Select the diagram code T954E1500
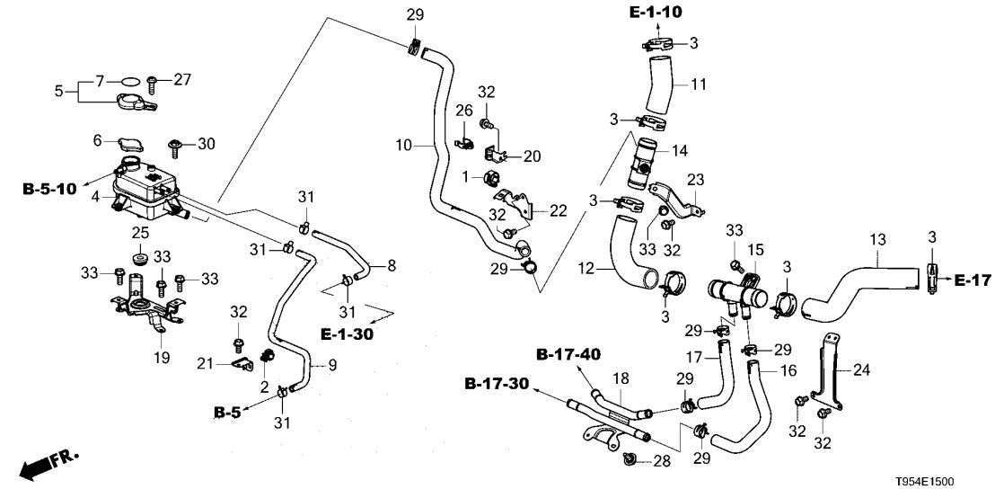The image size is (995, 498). click(949, 484)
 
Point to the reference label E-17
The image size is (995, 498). click(973, 281)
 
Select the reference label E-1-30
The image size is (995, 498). click(348, 333)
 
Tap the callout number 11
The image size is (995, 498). click(698, 84)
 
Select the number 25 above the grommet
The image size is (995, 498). click(141, 233)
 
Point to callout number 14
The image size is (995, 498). click(678, 150)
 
